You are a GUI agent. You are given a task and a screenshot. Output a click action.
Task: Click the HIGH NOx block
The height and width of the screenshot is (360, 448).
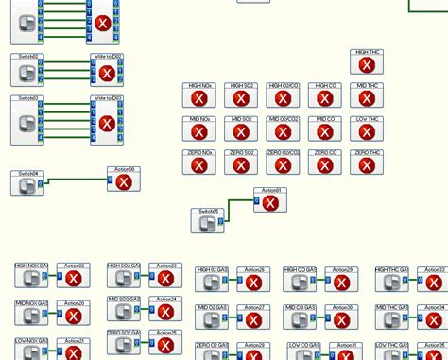(x=199, y=94)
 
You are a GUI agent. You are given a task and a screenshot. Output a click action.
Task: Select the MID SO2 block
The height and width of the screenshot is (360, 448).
(x=241, y=129)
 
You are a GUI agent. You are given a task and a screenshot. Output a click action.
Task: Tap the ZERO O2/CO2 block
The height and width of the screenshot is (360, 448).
(x=283, y=163)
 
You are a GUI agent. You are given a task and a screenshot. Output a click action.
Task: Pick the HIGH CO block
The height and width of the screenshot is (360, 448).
(x=325, y=94)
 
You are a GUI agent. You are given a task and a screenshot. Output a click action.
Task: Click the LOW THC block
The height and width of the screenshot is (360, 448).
(x=367, y=129)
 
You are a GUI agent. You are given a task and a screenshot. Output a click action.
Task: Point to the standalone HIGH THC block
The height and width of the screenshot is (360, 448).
(x=367, y=61)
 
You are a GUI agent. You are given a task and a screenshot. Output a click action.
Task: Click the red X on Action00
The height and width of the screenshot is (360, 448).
(x=124, y=182)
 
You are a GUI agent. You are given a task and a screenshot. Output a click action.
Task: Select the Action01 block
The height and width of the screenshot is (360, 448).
(x=270, y=200)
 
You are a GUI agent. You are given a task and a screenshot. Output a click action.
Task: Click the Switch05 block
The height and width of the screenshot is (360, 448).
(x=207, y=221)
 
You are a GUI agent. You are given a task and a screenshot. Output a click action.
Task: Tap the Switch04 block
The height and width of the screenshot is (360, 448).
(x=27, y=183)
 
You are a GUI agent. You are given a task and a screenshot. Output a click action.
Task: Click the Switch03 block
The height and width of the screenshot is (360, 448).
(x=27, y=120)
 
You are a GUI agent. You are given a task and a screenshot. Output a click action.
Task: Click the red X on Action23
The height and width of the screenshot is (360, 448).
(x=165, y=280)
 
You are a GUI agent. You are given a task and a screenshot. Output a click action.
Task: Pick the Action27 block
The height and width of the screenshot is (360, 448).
(x=252, y=317)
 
